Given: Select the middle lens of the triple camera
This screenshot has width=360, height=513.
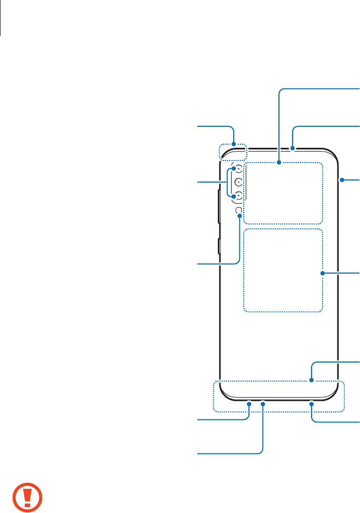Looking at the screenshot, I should tap(238, 183).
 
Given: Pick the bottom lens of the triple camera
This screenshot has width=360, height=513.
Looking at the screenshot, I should tap(238, 196).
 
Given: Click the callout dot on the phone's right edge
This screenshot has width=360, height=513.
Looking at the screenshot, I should tap(341, 180).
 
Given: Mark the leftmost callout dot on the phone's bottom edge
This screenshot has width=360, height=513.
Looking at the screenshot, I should tap(249, 404).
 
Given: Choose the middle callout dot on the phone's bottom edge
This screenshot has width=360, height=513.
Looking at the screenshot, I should tap(263, 404).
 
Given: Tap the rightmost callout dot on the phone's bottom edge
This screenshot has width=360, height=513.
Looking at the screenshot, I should tap(312, 404).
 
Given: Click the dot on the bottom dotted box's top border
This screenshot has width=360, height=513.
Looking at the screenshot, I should tap(312, 381).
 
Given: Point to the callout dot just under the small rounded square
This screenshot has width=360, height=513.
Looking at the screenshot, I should tap(239, 215).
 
